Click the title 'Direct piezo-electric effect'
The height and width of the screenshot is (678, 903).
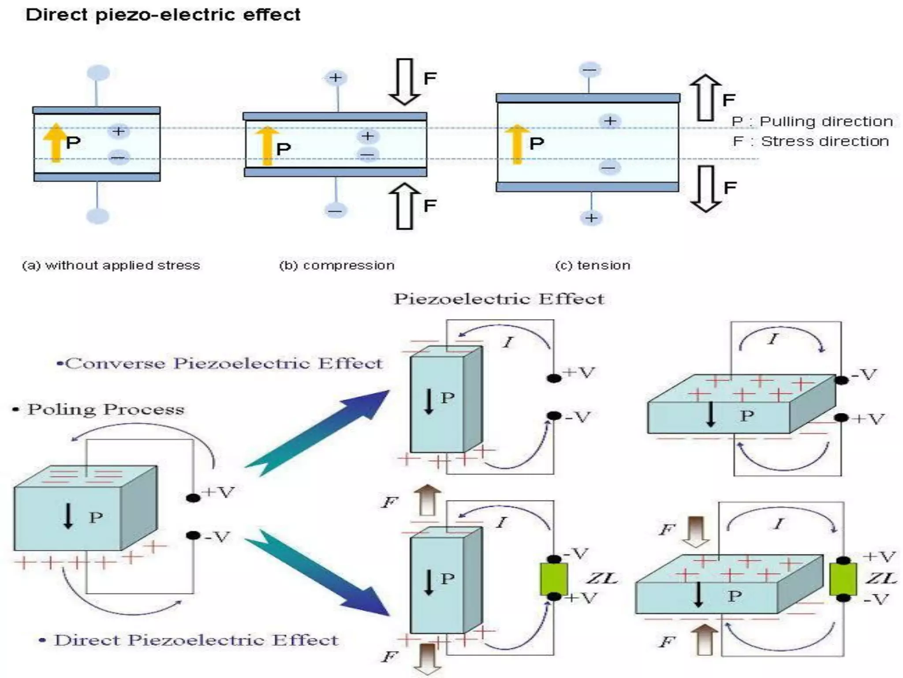[x=163, y=15]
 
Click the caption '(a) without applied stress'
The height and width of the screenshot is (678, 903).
[x=111, y=265]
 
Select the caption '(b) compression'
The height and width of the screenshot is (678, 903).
[x=337, y=265]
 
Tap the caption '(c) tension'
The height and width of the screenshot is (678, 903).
[x=593, y=265]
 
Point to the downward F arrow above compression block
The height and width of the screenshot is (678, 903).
[x=404, y=82]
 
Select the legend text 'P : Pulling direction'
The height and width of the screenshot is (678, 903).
[x=812, y=121]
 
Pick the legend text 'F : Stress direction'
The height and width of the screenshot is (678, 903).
[x=810, y=141]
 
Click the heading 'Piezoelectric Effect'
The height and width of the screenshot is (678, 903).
[x=499, y=299]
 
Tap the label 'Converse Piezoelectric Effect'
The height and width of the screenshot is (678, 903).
[x=220, y=363]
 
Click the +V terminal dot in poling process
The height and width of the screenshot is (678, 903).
[x=193, y=498]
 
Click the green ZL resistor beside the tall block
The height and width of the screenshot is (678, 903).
[x=554, y=579]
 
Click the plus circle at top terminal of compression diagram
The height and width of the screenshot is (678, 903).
[x=336, y=78]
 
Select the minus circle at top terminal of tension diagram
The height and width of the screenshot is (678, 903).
[x=590, y=70]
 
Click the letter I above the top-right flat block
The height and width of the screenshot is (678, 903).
[x=773, y=339]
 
